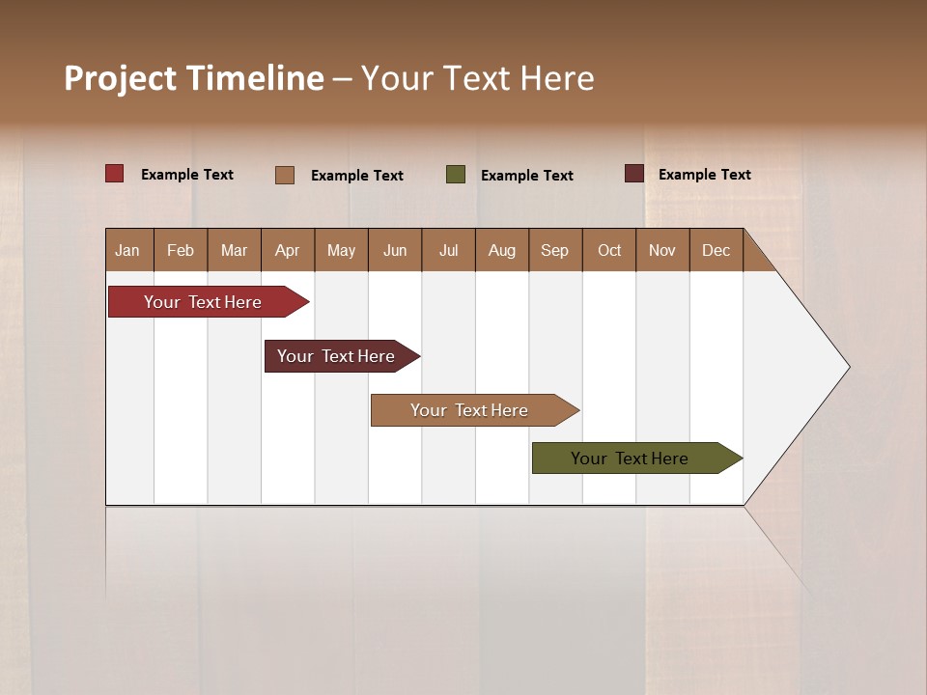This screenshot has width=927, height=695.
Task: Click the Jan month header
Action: [127, 250]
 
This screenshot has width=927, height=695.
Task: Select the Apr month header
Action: [287, 250]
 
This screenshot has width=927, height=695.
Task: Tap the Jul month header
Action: [448, 250]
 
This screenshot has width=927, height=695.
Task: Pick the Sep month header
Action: [554, 250]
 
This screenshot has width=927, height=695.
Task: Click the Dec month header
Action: [716, 250]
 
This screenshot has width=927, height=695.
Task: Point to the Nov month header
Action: [661, 250]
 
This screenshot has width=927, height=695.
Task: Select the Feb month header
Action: [181, 250]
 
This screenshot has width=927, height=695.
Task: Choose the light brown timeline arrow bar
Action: [470, 410]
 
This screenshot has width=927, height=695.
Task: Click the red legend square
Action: [115, 174]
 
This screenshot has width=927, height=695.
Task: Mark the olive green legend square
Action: [456, 175]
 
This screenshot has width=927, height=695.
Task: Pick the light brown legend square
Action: [285, 175]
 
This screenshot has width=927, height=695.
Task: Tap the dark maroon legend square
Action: [634, 174]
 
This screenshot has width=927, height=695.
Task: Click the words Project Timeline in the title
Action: [193, 78]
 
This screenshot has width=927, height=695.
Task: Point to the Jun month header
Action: [395, 250]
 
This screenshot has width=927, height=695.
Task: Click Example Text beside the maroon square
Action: [704, 174]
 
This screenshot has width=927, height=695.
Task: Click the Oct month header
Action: [609, 250]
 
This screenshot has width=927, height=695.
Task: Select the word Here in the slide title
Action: [557, 78]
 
